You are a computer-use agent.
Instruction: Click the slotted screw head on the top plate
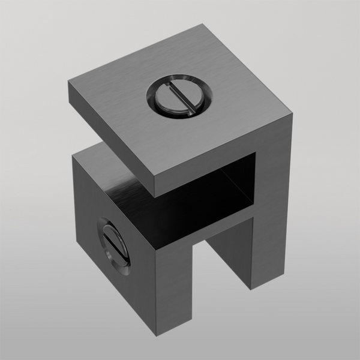point(179,97)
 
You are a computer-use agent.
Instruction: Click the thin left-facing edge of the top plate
point(111,142)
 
